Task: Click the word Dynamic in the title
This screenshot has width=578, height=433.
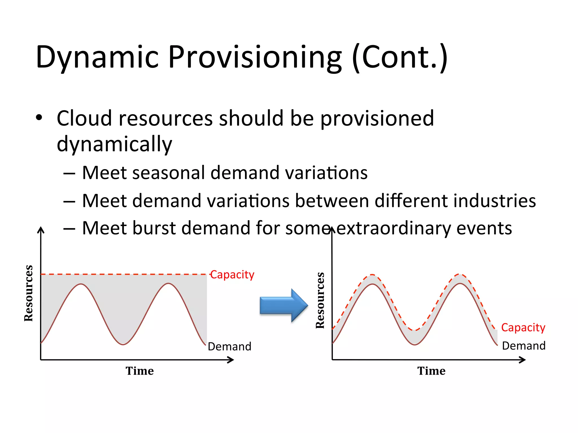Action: click(97, 57)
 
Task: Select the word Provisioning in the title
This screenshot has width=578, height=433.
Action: click(255, 57)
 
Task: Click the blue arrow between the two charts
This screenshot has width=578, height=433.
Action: click(283, 305)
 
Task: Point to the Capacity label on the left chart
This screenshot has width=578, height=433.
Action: click(232, 275)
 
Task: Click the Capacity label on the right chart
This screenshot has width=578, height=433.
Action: click(523, 328)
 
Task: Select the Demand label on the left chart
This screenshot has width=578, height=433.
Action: click(229, 346)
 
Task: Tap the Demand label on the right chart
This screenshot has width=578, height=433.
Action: click(524, 346)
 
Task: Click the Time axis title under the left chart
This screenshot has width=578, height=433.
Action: click(140, 371)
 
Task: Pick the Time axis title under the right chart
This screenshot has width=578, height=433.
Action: click(431, 371)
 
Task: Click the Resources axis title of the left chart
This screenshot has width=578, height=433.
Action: click(29, 293)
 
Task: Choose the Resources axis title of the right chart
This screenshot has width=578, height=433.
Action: click(320, 301)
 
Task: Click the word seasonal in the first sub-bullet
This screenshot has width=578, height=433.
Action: click(168, 173)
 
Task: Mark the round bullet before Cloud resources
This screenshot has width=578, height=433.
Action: click(39, 118)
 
